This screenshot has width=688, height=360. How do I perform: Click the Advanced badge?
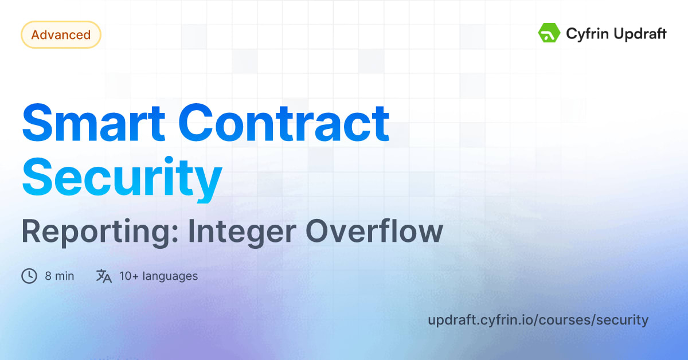61,35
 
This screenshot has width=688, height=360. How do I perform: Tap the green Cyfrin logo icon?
549,33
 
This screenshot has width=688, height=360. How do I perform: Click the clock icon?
29,276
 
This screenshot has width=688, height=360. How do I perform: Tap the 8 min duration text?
60,276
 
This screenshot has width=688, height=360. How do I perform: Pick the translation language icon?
104,276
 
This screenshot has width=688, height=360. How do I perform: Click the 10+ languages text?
158,276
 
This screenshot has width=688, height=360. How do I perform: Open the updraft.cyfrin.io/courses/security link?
538,320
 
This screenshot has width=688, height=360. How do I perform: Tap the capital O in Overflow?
317,232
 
